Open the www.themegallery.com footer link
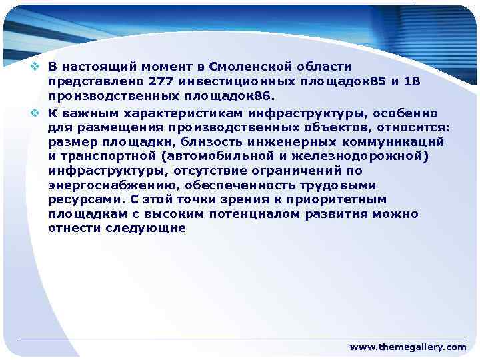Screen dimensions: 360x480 pos(408,347)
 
